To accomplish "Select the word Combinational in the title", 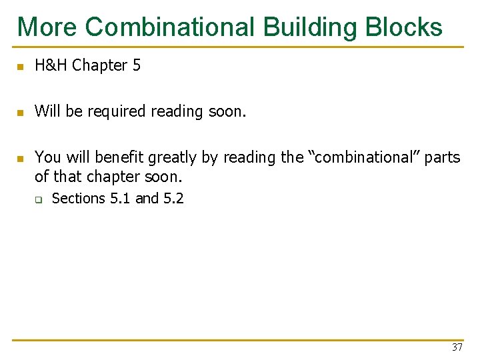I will coord(170,27).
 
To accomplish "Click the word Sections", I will coord(79,198).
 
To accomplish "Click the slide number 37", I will coord(457,347).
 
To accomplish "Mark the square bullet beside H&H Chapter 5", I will coord(21,67).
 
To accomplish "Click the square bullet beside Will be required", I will coord(21,113).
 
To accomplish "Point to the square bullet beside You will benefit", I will coord(21,159).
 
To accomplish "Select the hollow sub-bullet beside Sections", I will coord(39,199).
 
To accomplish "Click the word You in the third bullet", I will coord(47,157).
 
